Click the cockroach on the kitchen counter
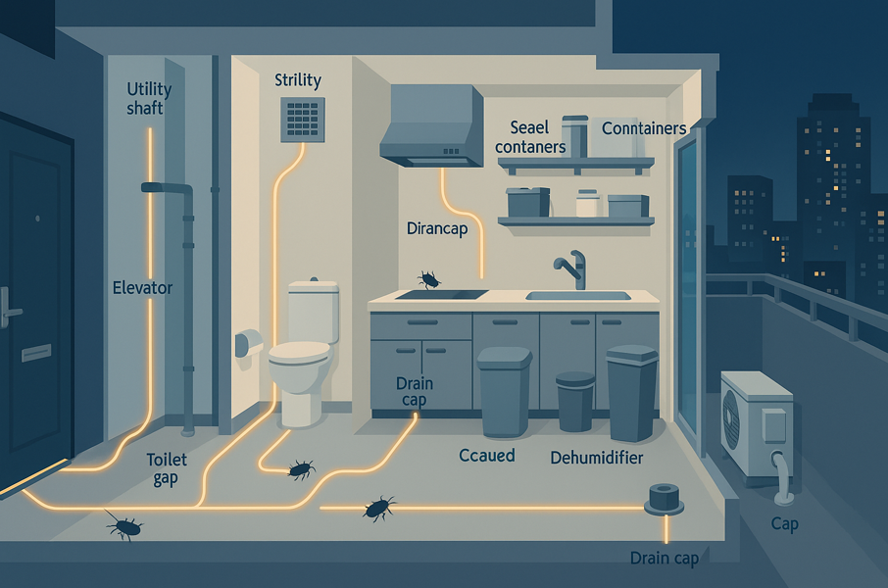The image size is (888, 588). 428,279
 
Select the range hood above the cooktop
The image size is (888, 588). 431,126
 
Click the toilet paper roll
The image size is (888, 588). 249,343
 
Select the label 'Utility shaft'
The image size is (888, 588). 149,98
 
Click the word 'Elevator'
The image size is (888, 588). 143,288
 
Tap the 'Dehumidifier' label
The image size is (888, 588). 596,457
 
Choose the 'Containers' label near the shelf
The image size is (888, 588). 644,128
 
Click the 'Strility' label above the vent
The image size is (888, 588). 298,79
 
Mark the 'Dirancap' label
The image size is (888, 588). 437,228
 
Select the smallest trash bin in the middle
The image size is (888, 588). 575,401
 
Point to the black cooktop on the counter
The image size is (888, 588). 441,293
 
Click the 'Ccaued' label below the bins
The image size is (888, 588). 487,456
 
